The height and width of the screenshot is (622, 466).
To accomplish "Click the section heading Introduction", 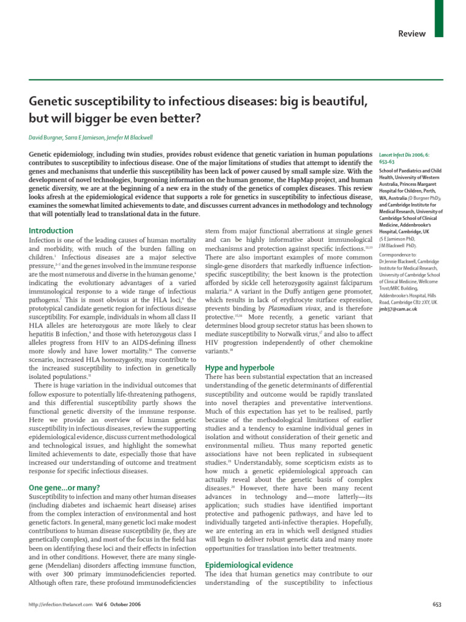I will (x=51, y=231).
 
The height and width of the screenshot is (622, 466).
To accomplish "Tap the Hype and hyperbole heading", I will (x=240, y=368).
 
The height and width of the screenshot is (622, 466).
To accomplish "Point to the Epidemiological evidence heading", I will (x=249, y=565).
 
